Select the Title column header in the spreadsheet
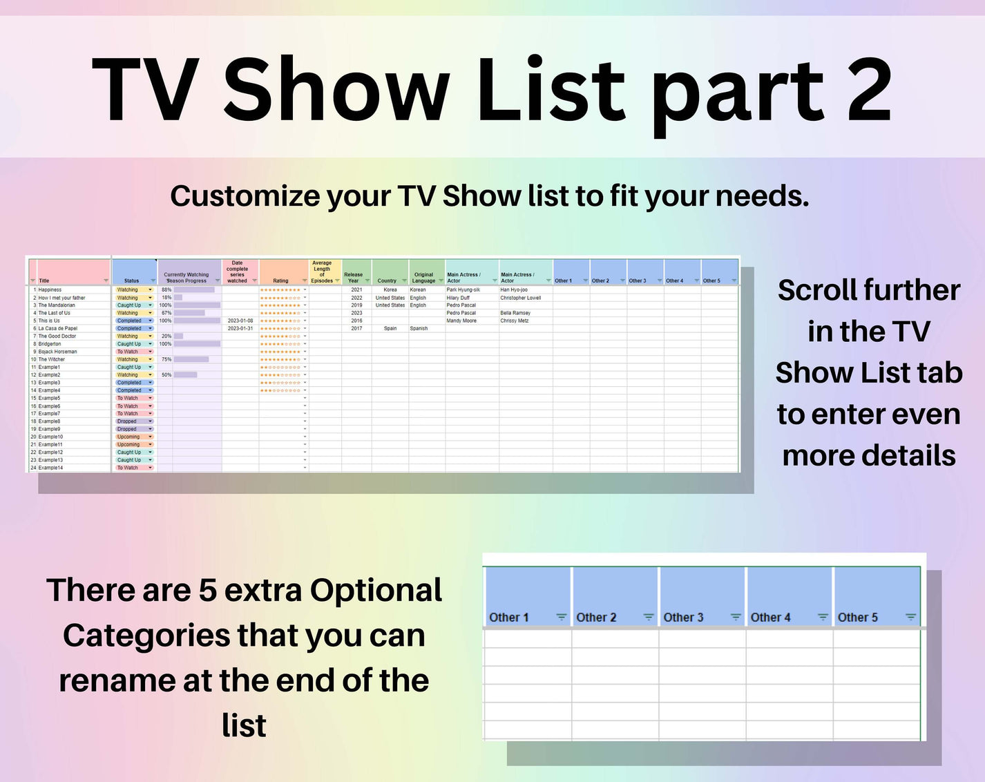coord(44,280)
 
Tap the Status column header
coord(131,280)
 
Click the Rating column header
coord(280,280)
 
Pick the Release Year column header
coord(354,277)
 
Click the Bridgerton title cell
coord(50,344)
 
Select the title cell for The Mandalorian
coord(57,305)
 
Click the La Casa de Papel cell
coord(58,328)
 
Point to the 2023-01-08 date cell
coord(240,321)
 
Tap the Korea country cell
coord(390,290)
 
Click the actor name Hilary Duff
coord(458,298)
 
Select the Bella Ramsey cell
coord(515,313)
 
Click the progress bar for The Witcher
coord(191,359)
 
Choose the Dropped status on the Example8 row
coord(127,421)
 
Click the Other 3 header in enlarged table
coord(683,618)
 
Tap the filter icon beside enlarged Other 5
coord(910,617)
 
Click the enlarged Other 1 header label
coord(509,618)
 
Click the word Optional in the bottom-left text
coord(376,591)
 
